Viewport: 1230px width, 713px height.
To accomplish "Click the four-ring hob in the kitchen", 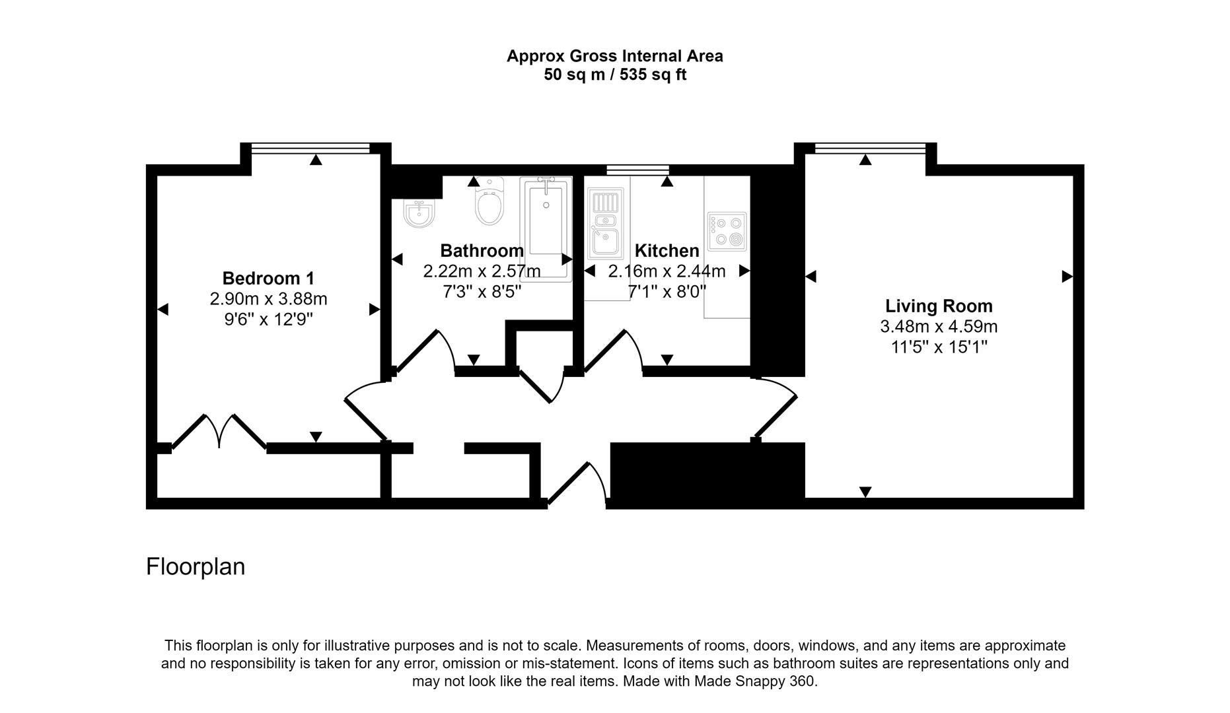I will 727,231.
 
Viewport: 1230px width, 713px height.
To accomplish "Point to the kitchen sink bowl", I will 604,242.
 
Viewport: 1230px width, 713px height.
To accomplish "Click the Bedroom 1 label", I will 268,278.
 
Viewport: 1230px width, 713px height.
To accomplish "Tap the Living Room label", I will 938,306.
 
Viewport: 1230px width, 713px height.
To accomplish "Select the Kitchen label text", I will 667,251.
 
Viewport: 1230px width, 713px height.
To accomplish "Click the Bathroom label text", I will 482,251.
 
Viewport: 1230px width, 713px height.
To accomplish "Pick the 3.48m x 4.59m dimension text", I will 938,326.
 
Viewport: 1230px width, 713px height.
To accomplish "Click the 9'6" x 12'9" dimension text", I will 268,320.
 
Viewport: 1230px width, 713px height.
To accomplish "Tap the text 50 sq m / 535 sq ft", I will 614,75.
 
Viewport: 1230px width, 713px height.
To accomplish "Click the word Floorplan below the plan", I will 196,566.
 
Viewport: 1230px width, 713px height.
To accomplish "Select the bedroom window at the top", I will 310,149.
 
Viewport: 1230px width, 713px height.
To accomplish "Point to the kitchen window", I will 637,170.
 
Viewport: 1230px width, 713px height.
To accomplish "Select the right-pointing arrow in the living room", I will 1066,277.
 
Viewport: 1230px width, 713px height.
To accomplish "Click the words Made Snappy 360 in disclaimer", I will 754,681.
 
